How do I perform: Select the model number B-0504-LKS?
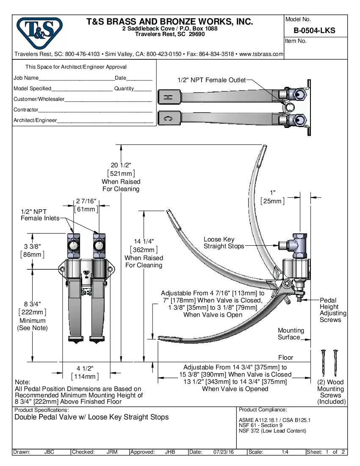pos(314,30)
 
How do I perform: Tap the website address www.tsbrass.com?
pos(261,54)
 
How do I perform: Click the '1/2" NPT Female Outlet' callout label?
pos(211,80)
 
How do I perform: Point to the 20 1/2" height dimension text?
pos(121,165)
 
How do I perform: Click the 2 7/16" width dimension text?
pos(86,201)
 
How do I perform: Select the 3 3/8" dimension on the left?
pos(32,246)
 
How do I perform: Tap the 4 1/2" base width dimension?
pos(85,368)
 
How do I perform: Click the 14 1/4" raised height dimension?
pos(144,241)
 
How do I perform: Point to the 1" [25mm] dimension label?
pos(272,193)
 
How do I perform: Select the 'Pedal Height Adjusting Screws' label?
pos(332,310)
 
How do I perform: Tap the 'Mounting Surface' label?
pos(291,334)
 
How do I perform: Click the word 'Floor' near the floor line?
pos(285,358)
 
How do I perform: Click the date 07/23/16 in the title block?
pos(224,452)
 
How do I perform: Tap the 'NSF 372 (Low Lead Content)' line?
pos(272,431)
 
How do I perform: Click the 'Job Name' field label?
pos(26,78)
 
